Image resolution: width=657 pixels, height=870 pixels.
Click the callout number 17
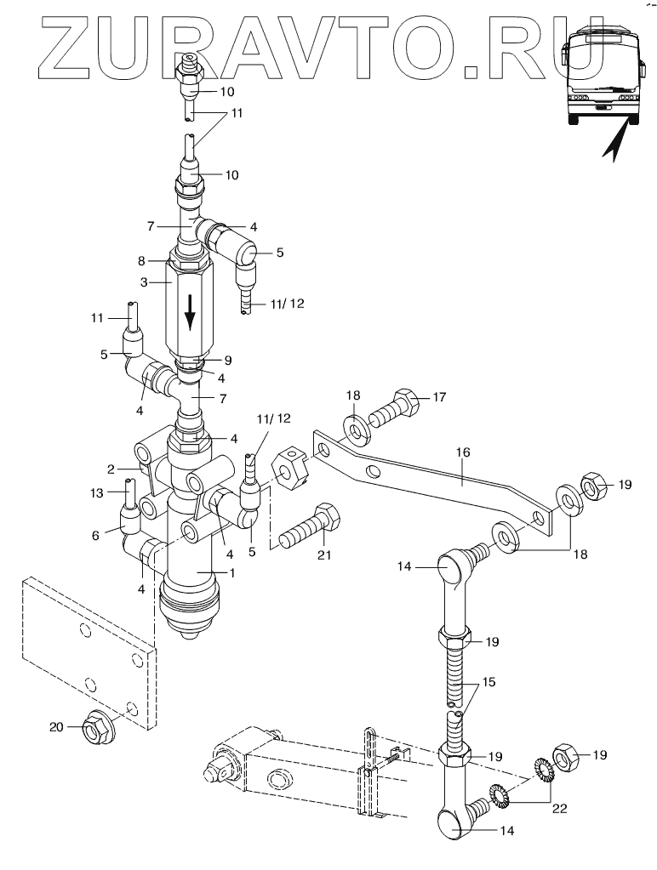(x=439, y=397)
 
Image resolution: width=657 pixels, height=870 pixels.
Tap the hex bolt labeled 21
(x=309, y=526)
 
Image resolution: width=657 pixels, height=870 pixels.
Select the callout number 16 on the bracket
(x=463, y=452)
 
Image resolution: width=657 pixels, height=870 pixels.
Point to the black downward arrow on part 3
(x=190, y=313)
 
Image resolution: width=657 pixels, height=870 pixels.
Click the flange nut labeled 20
(x=99, y=727)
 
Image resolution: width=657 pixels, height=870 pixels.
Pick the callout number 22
(x=560, y=809)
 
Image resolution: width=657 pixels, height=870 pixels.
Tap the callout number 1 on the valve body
(x=232, y=572)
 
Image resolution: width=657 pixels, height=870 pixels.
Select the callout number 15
(x=488, y=681)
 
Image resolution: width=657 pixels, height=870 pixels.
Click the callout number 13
(x=97, y=492)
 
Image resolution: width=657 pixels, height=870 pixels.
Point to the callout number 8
(x=141, y=261)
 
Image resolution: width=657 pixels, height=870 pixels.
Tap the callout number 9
(x=228, y=361)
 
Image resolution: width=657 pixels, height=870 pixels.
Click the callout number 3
(x=144, y=282)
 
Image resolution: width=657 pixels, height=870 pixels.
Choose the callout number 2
(x=111, y=469)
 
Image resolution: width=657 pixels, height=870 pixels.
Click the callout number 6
(x=95, y=536)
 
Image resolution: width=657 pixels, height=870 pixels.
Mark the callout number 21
(x=324, y=554)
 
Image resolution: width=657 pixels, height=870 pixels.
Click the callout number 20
(x=57, y=727)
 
